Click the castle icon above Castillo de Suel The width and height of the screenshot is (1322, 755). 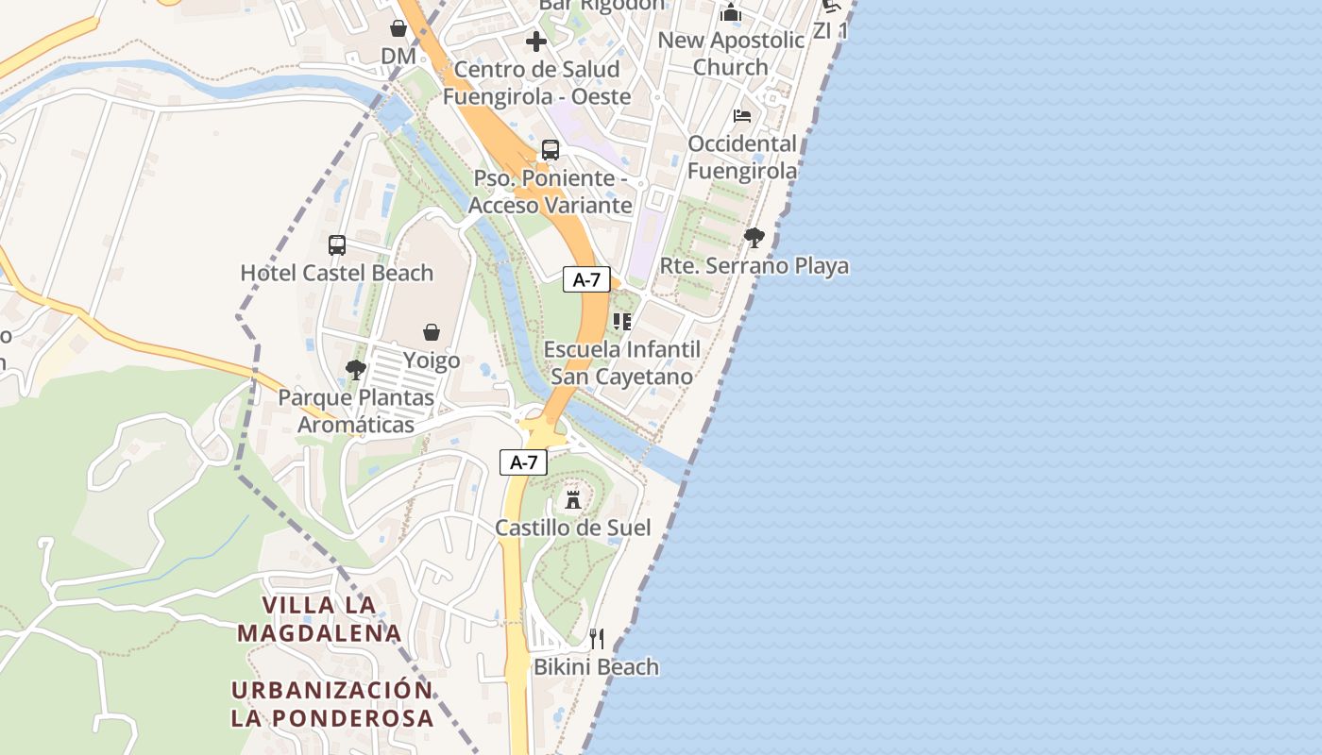pyautogui.click(x=572, y=498)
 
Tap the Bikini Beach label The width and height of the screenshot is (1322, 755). pyautogui.click(x=596, y=667)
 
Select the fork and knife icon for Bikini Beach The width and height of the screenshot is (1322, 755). pyautogui.click(x=596, y=639)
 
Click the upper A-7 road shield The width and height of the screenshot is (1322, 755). pyautogui.click(x=586, y=279)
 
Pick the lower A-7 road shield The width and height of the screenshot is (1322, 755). pyautogui.click(x=523, y=462)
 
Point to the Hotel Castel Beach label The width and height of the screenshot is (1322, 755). pyautogui.click(x=336, y=273)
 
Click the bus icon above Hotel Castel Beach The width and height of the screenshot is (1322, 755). pyautogui.click(x=337, y=245)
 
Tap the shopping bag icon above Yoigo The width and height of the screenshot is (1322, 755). pyautogui.click(x=432, y=332)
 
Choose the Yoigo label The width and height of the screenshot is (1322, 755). pyautogui.click(x=432, y=360)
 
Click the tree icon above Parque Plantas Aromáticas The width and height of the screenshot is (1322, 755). pyautogui.click(x=356, y=370)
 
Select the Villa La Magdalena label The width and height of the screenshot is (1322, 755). pyautogui.click(x=319, y=618)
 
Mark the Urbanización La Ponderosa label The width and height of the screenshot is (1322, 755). pyautogui.click(x=332, y=703)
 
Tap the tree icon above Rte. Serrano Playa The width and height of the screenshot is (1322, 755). pyautogui.click(x=754, y=238)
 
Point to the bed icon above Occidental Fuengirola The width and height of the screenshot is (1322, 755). pyautogui.click(x=742, y=116)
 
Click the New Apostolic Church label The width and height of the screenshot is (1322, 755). pyautogui.click(x=731, y=53)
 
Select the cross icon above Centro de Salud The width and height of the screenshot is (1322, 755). pyautogui.click(x=536, y=42)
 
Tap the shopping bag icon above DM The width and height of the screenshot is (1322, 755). pyautogui.click(x=398, y=29)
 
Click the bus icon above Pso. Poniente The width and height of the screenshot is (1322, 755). pyautogui.click(x=551, y=150)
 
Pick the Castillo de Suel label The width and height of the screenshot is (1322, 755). pyautogui.click(x=573, y=528)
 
